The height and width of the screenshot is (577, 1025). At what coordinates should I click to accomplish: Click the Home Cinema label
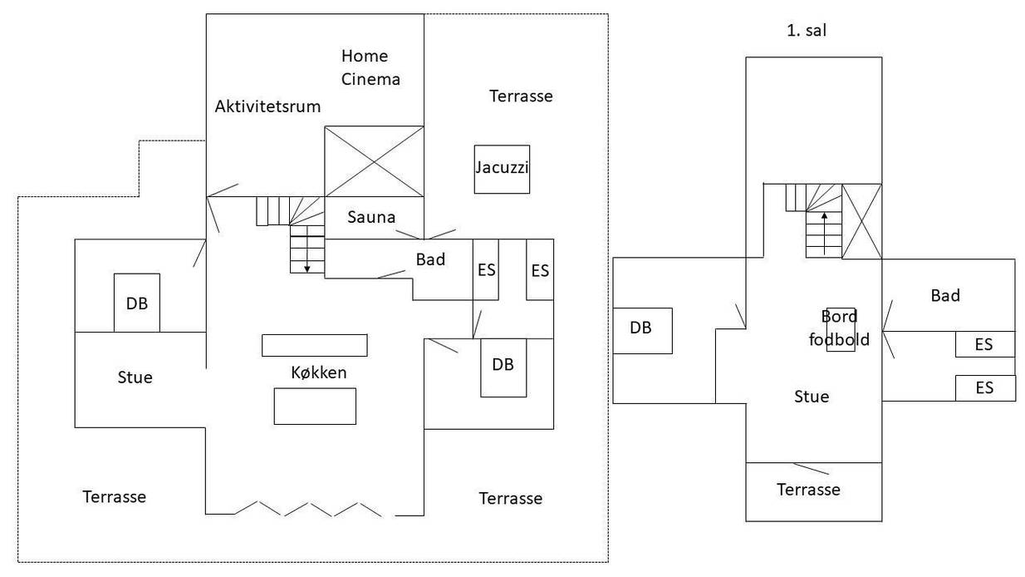point(370,67)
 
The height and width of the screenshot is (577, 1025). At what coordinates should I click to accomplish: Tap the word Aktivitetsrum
point(267,106)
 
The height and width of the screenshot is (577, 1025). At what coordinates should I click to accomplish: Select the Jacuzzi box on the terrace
point(502,170)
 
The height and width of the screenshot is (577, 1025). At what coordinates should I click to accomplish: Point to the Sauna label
point(371,217)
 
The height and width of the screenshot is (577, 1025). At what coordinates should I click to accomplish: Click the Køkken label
point(318,372)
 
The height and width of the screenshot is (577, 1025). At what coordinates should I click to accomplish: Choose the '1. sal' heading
point(807,31)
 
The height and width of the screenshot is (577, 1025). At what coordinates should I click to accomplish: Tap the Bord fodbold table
point(841,330)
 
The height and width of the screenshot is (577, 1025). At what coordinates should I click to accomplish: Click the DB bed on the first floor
point(642,331)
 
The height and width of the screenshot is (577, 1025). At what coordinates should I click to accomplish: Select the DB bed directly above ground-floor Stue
point(137,303)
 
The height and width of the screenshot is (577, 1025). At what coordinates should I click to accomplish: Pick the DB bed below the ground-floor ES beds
point(503,367)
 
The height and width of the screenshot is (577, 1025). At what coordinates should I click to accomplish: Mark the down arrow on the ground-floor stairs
point(307,249)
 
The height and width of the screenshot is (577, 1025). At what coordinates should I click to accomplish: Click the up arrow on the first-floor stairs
point(825,233)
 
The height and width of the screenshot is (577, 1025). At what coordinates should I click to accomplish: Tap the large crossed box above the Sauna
point(374,161)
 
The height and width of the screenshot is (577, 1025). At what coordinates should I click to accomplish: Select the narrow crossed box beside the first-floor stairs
point(861,221)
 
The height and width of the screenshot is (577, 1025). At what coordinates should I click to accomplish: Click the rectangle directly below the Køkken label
point(315,407)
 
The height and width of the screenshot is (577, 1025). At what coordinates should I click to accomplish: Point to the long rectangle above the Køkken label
point(314,345)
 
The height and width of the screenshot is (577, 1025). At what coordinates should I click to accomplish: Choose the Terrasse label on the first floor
point(808,490)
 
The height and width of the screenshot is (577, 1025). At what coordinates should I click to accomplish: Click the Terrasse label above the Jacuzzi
point(521,96)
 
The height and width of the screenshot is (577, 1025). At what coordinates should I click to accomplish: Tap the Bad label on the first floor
point(945,296)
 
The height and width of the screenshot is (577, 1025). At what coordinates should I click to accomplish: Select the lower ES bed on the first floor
point(985,388)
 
